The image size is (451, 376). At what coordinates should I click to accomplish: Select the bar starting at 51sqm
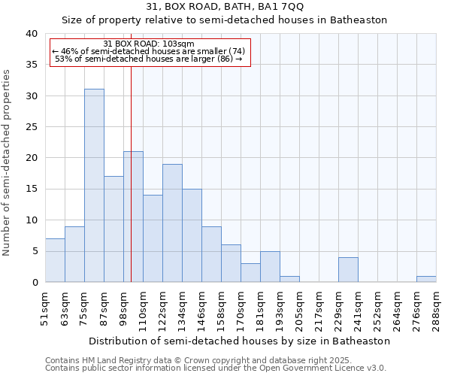click(55, 260)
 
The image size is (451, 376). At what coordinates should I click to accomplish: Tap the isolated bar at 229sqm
click(348, 269)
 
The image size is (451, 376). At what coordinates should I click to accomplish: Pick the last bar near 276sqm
click(426, 279)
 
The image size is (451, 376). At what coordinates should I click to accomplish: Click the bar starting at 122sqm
click(172, 223)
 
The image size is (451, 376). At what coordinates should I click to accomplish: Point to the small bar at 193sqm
click(289, 279)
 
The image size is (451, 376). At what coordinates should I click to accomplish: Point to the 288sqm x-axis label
click(437, 306)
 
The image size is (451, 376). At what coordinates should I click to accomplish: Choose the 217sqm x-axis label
click(319, 306)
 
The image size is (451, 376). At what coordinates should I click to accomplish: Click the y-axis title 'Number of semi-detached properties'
click(7, 162)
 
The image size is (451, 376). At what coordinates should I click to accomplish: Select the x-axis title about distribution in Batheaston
click(239, 341)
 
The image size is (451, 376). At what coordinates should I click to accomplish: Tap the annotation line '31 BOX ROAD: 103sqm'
click(149, 44)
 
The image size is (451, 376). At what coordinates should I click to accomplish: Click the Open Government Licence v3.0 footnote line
click(216, 368)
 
